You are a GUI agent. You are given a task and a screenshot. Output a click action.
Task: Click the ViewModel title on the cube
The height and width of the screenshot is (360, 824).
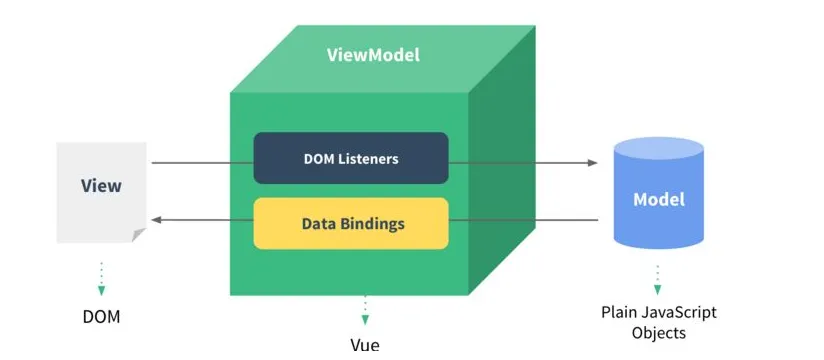[373, 55]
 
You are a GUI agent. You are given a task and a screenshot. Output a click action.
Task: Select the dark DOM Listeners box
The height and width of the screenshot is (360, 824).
[350, 158]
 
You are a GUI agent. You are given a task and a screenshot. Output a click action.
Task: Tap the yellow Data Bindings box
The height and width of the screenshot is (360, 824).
[350, 223]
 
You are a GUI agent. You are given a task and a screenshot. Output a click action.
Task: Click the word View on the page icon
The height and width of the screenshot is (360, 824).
[101, 186]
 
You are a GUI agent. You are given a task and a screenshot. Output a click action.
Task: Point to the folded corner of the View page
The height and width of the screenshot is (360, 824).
[139, 236]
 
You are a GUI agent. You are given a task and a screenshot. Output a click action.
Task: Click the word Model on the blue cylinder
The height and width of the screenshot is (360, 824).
[659, 199]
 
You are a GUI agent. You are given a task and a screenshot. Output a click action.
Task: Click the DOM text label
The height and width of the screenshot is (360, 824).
[101, 317]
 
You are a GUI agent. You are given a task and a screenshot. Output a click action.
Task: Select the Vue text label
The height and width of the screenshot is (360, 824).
[365, 346]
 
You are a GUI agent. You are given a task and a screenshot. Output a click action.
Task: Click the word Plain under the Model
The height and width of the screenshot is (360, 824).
[620, 312]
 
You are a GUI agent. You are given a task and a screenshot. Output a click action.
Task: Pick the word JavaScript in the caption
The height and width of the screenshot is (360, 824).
[680, 312]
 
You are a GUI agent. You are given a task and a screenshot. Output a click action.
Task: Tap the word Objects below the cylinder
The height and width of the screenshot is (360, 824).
[659, 333]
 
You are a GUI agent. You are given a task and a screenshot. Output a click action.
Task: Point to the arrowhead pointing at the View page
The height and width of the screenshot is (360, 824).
[156, 220]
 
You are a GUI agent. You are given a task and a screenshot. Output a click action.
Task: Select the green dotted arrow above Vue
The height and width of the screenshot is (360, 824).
[365, 310]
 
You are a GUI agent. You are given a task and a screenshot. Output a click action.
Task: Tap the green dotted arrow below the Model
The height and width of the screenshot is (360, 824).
[658, 279]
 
